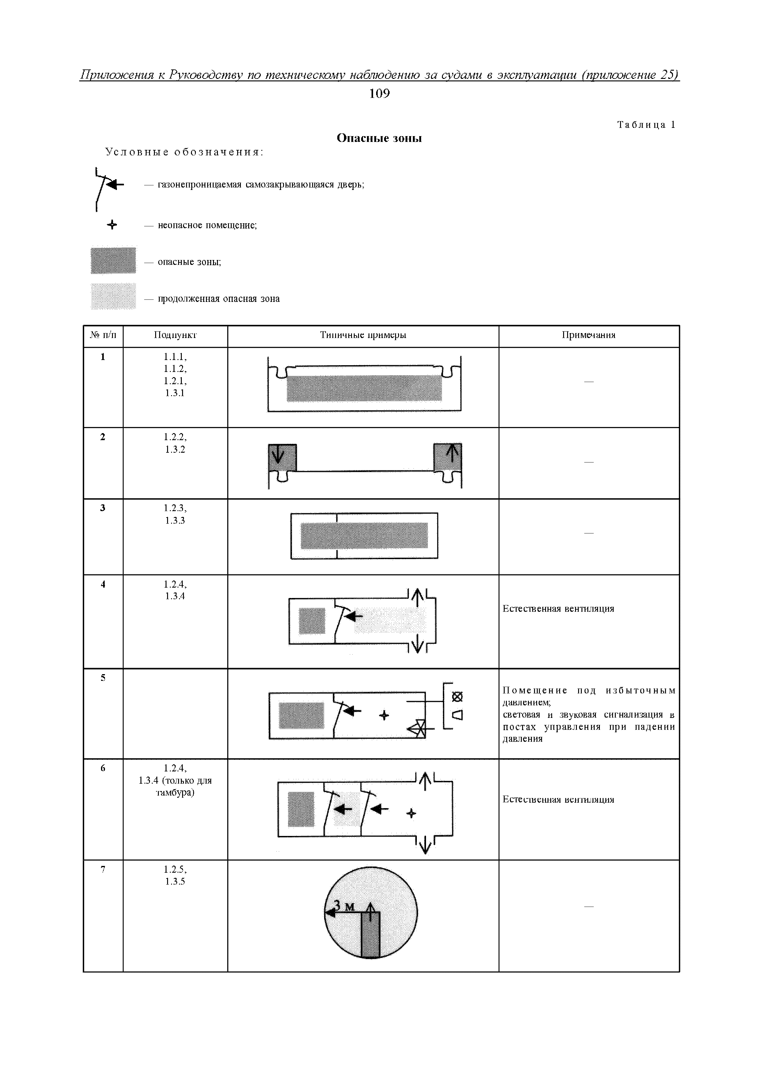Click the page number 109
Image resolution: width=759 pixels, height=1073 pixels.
[379, 94]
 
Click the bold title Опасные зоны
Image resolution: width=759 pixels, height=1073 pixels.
[379, 138]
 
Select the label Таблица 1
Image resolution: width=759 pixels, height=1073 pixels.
[646, 125]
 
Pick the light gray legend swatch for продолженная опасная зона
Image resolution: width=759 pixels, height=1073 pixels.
[113, 296]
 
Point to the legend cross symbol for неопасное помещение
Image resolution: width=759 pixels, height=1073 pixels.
[112, 225]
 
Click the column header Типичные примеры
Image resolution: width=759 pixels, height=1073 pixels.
[363, 335]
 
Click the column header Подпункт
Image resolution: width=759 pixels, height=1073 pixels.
[175, 335]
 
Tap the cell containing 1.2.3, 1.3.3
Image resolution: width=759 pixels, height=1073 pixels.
[175, 514]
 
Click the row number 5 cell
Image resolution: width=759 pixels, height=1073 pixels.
[103, 678]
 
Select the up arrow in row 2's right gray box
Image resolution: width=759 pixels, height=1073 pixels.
[452, 453]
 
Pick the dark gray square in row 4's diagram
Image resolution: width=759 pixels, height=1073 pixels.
[312, 621]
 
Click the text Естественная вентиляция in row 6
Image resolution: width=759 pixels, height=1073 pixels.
[558, 799]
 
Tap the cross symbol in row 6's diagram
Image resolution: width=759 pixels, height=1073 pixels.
[411, 814]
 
